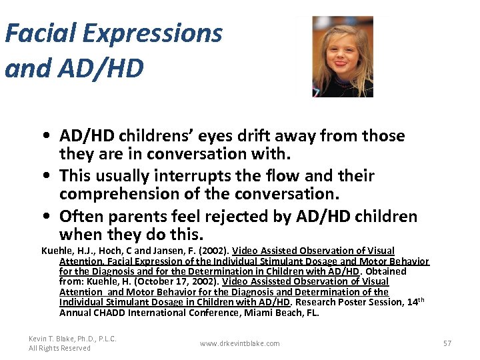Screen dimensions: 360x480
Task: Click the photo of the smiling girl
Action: (342, 57)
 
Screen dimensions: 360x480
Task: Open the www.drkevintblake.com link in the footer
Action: (239, 343)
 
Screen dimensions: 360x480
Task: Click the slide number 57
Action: (447, 343)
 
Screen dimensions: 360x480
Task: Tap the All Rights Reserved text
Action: (59, 348)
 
